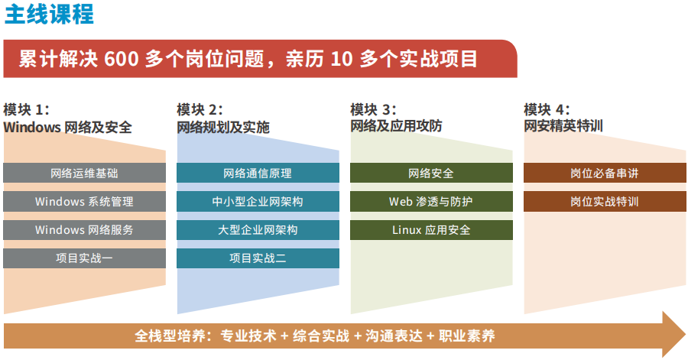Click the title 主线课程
[49, 15]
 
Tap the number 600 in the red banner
[121, 59]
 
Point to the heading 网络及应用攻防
[396, 125]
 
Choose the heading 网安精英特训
[563, 125]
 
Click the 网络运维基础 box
[84, 174]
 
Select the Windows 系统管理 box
[84, 202]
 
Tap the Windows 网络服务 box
[84, 230]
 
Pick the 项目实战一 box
[84, 258]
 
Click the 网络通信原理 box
[258, 174]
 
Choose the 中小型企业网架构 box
[258, 202]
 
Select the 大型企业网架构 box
[258, 230]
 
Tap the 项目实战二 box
[258, 258]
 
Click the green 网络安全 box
[431, 174]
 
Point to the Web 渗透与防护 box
[431, 202]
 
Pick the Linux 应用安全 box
[431, 230]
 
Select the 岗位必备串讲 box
[605, 174]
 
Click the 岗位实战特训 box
[605, 202]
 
